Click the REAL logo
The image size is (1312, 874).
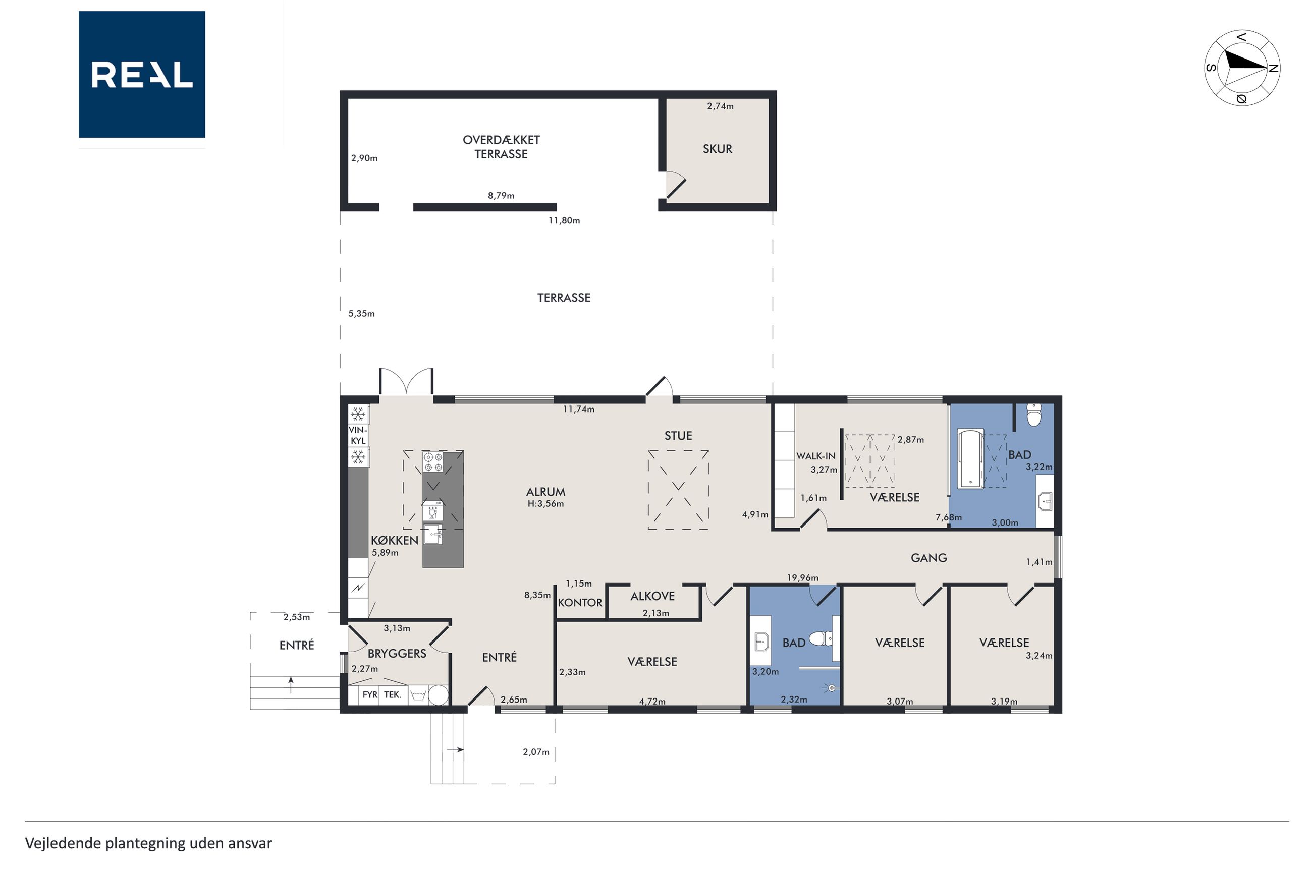pyautogui.click(x=142, y=74)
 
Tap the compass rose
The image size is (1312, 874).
pyautogui.click(x=1242, y=68)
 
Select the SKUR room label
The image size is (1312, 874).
pyautogui.click(x=717, y=149)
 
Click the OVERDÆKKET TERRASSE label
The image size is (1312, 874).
pyautogui.click(x=501, y=147)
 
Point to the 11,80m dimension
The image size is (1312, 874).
pyautogui.click(x=564, y=221)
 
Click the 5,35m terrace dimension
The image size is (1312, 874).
pyautogui.click(x=361, y=314)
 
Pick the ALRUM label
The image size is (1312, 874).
pyautogui.click(x=545, y=492)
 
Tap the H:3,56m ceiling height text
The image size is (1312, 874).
pyautogui.click(x=545, y=504)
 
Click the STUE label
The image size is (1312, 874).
pyautogui.click(x=678, y=436)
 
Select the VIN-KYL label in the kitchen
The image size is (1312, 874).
pyautogui.click(x=358, y=435)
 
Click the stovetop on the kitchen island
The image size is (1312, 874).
pyautogui.click(x=432, y=461)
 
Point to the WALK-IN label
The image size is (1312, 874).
pyautogui.click(x=816, y=456)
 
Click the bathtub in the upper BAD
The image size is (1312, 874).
pyautogui.click(x=970, y=457)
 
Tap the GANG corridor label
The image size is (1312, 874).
pyautogui.click(x=928, y=557)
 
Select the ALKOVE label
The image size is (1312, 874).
pyautogui.click(x=652, y=596)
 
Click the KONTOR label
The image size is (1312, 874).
pyautogui.click(x=580, y=603)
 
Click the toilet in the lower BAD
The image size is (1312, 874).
pyautogui.click(x=821, y=638)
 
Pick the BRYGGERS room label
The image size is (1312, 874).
pyautogui.click(x=397, y=653)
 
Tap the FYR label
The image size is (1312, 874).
pyautogui.click(x=370, y=694)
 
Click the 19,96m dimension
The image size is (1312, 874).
pyautogui.click(x=802, y=577)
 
